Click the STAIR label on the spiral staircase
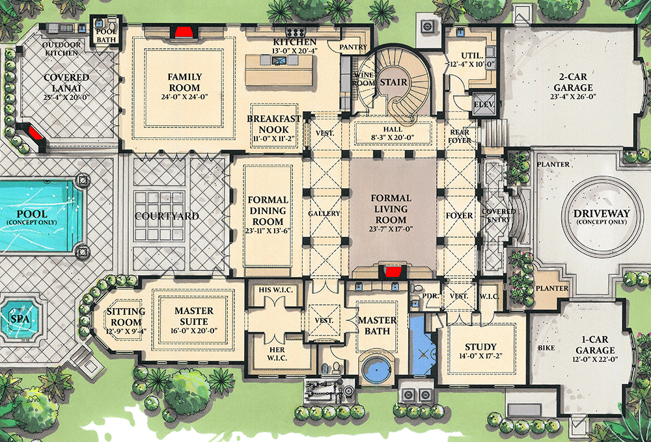394,83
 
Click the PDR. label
428,296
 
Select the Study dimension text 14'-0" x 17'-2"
480,357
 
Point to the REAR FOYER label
460,136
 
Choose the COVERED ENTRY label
498,216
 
